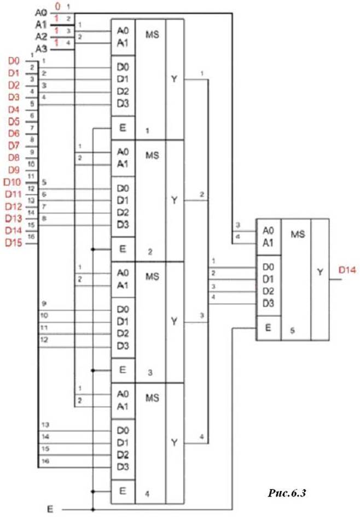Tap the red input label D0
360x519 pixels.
click(14, 61)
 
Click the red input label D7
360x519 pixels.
click(14, 146)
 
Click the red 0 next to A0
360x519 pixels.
click(57, 7)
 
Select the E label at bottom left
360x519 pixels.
click(50, 509)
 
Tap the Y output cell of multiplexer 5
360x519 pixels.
click(320, 273)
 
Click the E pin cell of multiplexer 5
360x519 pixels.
click(268, 328)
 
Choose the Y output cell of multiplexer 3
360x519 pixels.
click(174, 322)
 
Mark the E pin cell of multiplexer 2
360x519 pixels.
click(123, 249)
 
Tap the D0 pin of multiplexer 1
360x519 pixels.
click(123, 67)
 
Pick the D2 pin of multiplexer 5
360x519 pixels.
click(268, 291)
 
